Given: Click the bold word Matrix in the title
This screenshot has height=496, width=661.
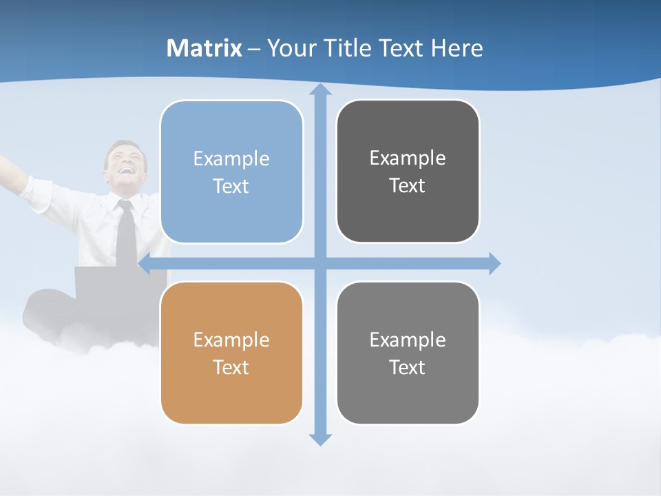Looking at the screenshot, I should click(204, 48).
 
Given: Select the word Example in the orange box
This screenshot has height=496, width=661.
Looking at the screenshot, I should click(231, 340).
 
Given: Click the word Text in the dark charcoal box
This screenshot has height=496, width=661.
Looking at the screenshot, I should click(408, 186).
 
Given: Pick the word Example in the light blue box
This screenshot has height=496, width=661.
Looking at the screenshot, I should click(231, 158).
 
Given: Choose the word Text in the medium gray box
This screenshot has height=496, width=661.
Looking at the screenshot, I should click(408, 367).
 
